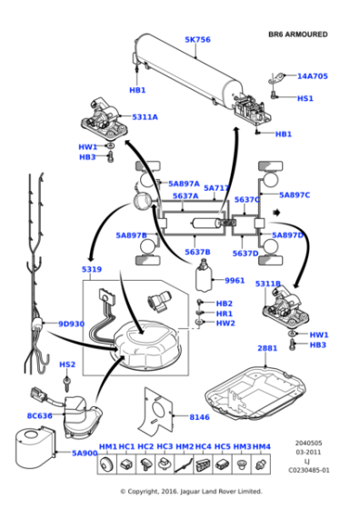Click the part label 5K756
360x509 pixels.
pos(197,40)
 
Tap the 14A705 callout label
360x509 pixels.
pos(313,76)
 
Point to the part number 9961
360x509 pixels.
pos(235,281)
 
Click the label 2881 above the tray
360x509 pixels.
pos(266,348)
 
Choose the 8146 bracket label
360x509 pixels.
pos(199,417)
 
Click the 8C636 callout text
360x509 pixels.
pos(40,415)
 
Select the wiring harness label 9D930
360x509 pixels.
pos(72,324)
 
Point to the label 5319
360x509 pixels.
pos(92,270)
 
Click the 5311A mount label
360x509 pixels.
pos(145,117)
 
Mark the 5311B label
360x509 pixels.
pos(268,284)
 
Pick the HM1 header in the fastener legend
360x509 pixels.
pos(107,446)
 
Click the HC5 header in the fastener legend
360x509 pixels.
pos(223,446)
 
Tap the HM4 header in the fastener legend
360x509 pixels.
pos(261,446)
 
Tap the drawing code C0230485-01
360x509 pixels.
pos(309,470)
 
